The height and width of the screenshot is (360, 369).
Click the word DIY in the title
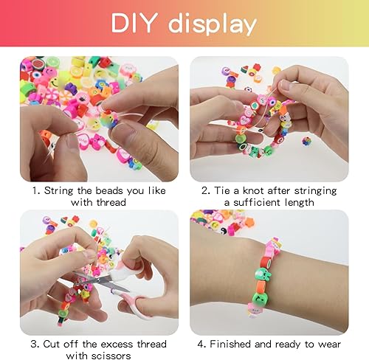pos(134,23)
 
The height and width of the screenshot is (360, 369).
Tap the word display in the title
pos(213,24)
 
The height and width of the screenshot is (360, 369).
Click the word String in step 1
pos(58,191)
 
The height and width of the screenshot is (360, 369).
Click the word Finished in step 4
pos(230,344)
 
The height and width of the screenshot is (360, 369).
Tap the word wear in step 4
pos(329,345)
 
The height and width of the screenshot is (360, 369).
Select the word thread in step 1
pos(111,202)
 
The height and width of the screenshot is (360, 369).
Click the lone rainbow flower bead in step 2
pos(306,141)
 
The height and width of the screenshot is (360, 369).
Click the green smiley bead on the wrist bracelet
pos(259,297)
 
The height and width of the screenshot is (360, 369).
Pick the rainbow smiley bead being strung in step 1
pos(109,120)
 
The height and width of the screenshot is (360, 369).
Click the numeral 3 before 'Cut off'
pos(34,344)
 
